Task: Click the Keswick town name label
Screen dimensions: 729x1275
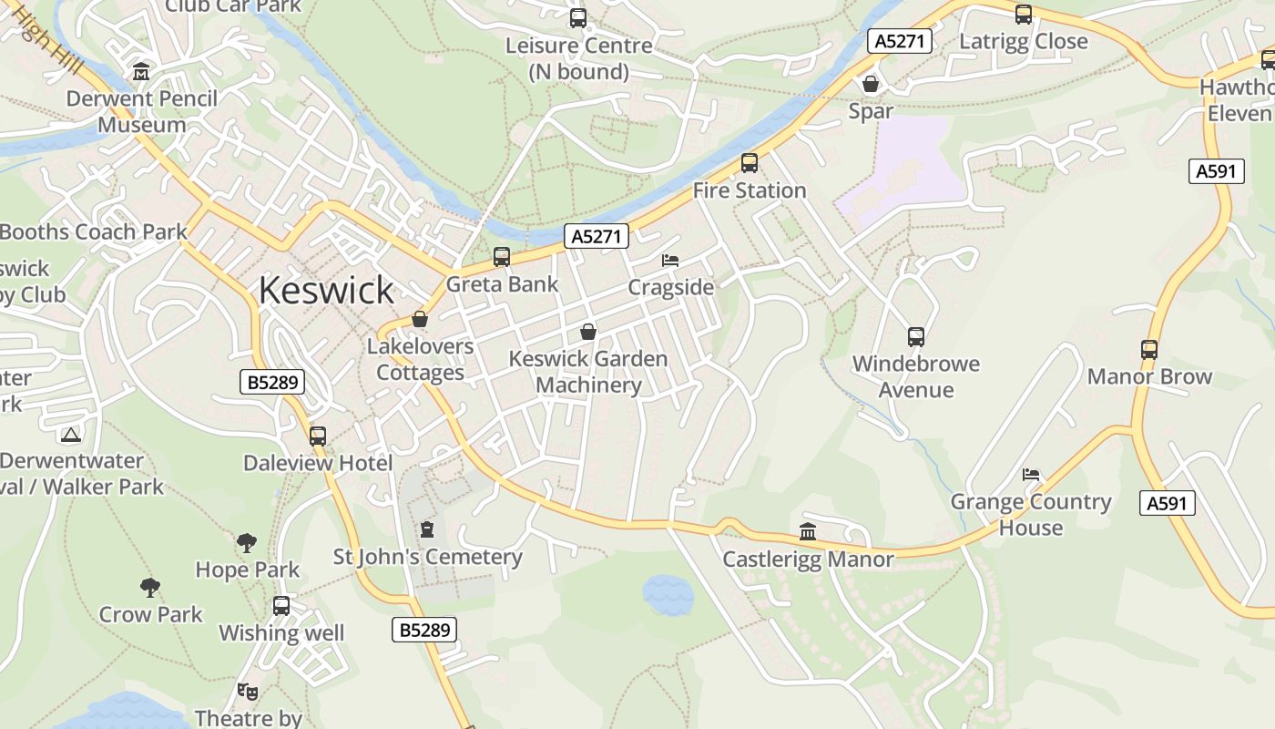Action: (x=326, y=290)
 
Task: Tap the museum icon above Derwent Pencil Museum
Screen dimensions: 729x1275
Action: (x=141, y=71)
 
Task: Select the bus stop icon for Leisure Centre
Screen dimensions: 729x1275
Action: (x=577, y=17)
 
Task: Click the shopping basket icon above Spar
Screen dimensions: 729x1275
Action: (x=871, y=84)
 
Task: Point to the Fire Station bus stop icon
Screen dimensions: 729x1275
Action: (x=749, y=163)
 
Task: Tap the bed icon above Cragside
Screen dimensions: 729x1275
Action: (x=670, y=260)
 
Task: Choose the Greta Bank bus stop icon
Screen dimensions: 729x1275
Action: (x=501, y=257)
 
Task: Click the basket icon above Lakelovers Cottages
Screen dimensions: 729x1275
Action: (x=420, y=319)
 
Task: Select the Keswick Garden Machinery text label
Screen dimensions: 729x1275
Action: (x=588, y=372)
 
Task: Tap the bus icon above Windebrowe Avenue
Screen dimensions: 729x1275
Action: (x=915, y=336)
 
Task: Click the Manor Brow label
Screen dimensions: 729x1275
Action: (x=1149, y=376)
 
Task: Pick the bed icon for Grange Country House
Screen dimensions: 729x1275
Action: (x=1031, y=474)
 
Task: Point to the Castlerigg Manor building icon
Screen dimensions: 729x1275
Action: (x=808, y=531)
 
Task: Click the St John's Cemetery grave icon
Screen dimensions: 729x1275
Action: (x=427, y=529)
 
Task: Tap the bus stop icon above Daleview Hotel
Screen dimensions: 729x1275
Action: (x=317, y=436)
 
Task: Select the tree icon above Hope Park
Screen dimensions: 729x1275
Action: (x=247, y=543)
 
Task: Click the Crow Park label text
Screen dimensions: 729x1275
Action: (x=150, y=614)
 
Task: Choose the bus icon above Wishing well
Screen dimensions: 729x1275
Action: (x=281, y=605)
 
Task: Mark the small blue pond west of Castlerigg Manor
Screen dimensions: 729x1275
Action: (x=668, y=595)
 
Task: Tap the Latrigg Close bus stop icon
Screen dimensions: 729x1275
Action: (x=1023, y=14)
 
